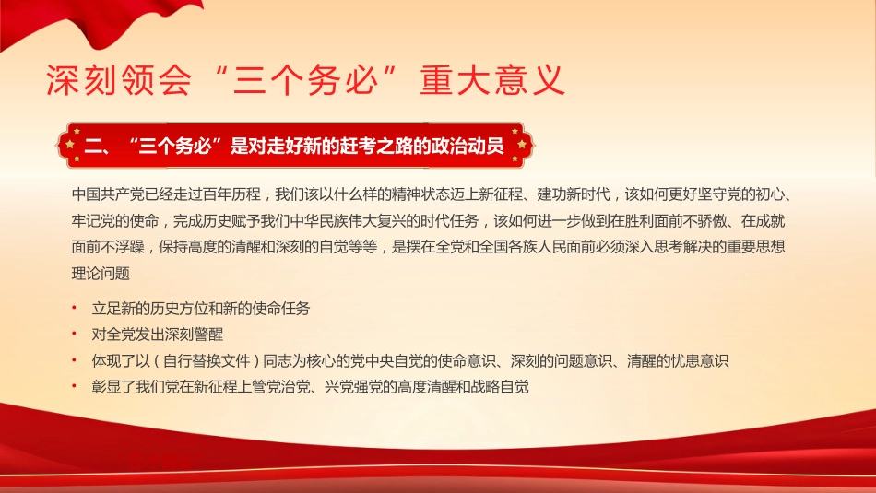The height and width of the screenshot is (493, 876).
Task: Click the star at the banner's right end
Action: tap(521, 145)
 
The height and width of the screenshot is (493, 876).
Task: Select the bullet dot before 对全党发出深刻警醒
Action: tap(74, 335)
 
